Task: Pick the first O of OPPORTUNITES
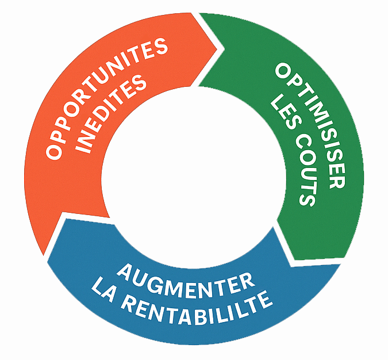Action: (x=55, y=154)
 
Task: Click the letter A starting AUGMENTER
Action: (x=125, y=271)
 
